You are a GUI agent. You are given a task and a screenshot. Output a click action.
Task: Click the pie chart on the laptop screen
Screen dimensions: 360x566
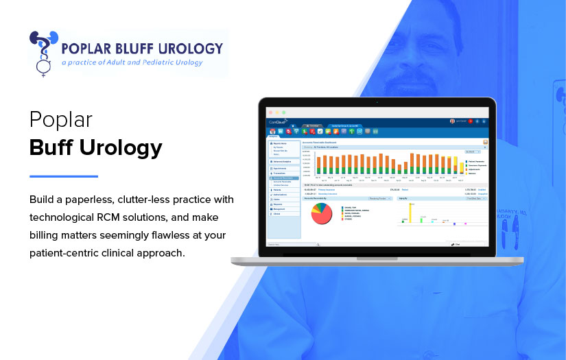322,213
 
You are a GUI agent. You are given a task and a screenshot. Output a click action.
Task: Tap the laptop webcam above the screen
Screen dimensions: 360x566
377,102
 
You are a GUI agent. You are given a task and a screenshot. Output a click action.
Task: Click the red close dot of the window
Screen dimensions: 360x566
270,112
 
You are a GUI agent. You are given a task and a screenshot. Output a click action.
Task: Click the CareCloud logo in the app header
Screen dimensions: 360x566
277,121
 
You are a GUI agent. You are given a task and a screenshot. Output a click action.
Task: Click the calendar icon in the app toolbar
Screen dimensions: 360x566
272,130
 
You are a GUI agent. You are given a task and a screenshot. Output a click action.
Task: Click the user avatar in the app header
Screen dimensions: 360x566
452,121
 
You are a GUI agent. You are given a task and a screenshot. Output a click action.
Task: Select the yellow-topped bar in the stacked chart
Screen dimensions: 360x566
454,165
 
